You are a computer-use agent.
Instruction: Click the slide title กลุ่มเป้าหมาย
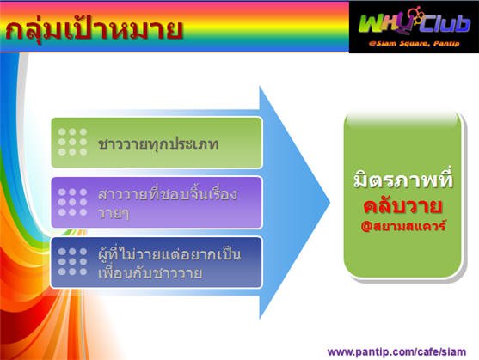pos(94,30)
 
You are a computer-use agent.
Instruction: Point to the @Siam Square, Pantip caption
pos(414,44)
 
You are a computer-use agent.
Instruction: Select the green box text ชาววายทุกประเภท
pos(158,143)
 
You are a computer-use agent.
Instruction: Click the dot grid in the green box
pos(72,142)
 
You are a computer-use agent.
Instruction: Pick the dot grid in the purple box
pos(72,202)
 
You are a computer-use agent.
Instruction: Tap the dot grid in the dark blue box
pos(72,261)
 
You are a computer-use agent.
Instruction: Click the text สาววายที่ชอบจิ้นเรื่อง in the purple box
pos(168,194)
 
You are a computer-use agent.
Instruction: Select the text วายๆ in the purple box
pos(114,214)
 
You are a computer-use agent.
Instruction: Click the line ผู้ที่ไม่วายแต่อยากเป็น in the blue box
pos(169,254)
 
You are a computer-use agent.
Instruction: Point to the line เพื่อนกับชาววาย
pos(150,272)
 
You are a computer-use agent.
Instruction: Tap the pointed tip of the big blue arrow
pos(330,202)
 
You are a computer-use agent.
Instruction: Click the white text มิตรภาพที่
pos(403,180)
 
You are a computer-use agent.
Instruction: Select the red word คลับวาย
pos(403,206)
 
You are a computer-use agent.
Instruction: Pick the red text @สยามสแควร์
pos(403,226)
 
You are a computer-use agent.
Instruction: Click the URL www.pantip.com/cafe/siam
pos(396,351)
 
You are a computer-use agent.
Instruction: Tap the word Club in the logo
pos(445,24)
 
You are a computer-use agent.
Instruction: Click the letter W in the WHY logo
pos(371,24)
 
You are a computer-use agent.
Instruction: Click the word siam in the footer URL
pos(454,351)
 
